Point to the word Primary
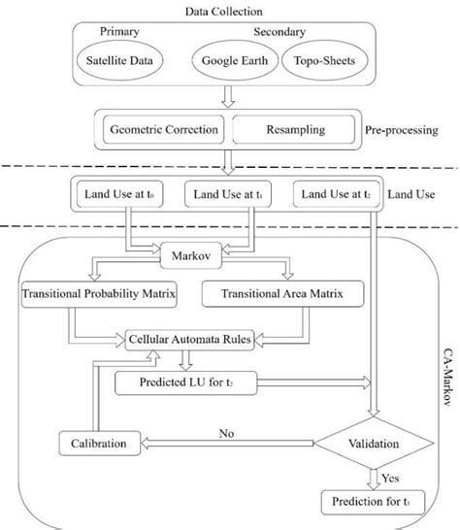pyautogui.click(x=120, y=31)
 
